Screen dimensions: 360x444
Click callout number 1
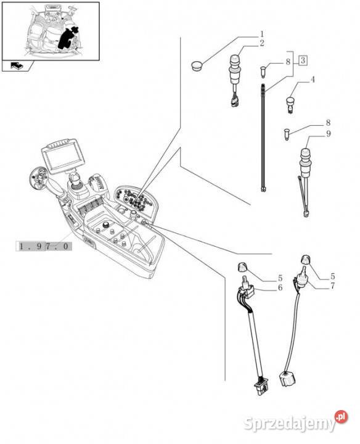[x=262, y=35]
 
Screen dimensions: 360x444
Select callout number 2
[x=262, y=43]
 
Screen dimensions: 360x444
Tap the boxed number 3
[x=303, y=60]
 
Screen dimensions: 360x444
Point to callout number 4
[x=313, y=80]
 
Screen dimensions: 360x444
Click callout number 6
[x=280, y=288]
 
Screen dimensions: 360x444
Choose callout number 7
[x=332, y=286]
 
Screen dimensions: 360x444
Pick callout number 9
[x=329, y=133]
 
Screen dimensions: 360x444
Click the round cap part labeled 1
[x=196, y=66]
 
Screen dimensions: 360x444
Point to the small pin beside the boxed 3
[x=263, y=71]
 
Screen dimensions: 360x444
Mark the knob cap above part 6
[x=242, y=267]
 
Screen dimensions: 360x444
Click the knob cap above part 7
[x=306, y=259]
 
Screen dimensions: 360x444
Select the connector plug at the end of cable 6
[x=262, y=387]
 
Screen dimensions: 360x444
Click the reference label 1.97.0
[x=44, y=246]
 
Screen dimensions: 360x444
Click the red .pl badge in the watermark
[x=341, y=416]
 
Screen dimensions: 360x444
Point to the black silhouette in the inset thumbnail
[x=67, y=38]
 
